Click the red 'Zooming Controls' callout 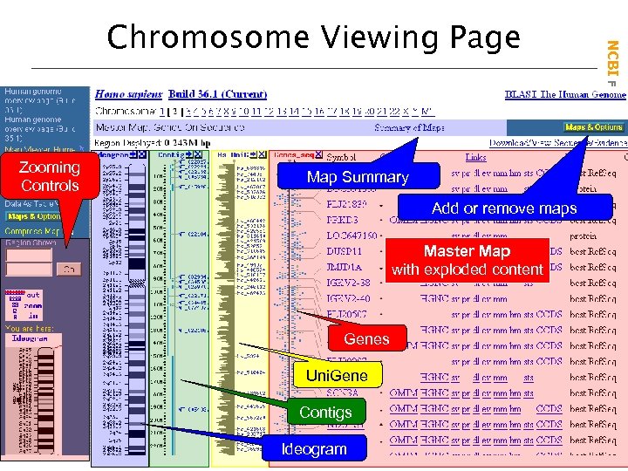click(x=50, y=176)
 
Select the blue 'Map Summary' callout click(x=358, y=177)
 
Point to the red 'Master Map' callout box click(x=467, y=261)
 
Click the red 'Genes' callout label click(x=366, y=338)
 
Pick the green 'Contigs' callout click(x=325, y=412)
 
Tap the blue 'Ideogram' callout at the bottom click(x=314, y=449)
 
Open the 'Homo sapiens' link click(x=128, y=94)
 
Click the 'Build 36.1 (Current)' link click(x=218, y=94)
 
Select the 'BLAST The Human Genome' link click(x=564, y=94)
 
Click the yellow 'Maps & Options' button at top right click(x=592, y=127)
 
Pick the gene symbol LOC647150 click(x=352, y=235)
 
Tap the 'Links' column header click(x=475, y=158)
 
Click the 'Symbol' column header click(x=340, y=158)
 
